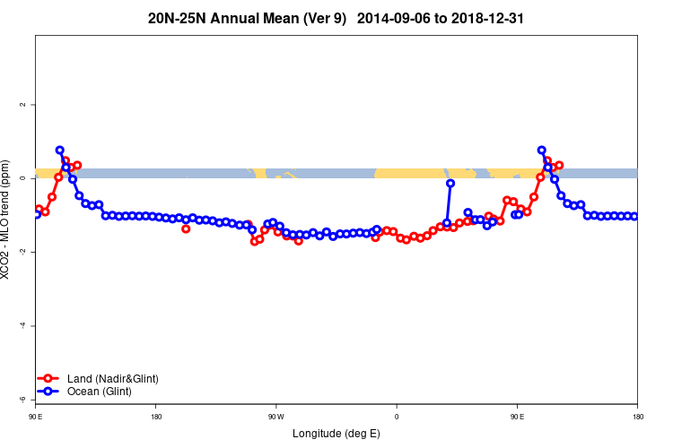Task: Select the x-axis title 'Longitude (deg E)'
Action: point(336,434)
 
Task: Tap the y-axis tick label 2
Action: point(22,105)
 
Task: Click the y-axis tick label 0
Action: point(22,178)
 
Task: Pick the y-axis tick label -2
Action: point(22,252)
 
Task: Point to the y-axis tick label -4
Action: point(22,325)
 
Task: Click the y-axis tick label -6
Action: point(22,399)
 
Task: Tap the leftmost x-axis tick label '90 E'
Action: point(36,416)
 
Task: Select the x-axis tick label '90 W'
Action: point(276,416)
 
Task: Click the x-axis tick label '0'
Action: point(397,416)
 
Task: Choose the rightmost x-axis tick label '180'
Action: point(637,416)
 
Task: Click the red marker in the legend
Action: point(50,379)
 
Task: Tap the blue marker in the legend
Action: point(50,392)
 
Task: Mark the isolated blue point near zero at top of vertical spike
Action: point(450,183)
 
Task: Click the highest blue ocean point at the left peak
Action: point(59,151)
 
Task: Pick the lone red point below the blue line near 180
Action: point(186,228)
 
